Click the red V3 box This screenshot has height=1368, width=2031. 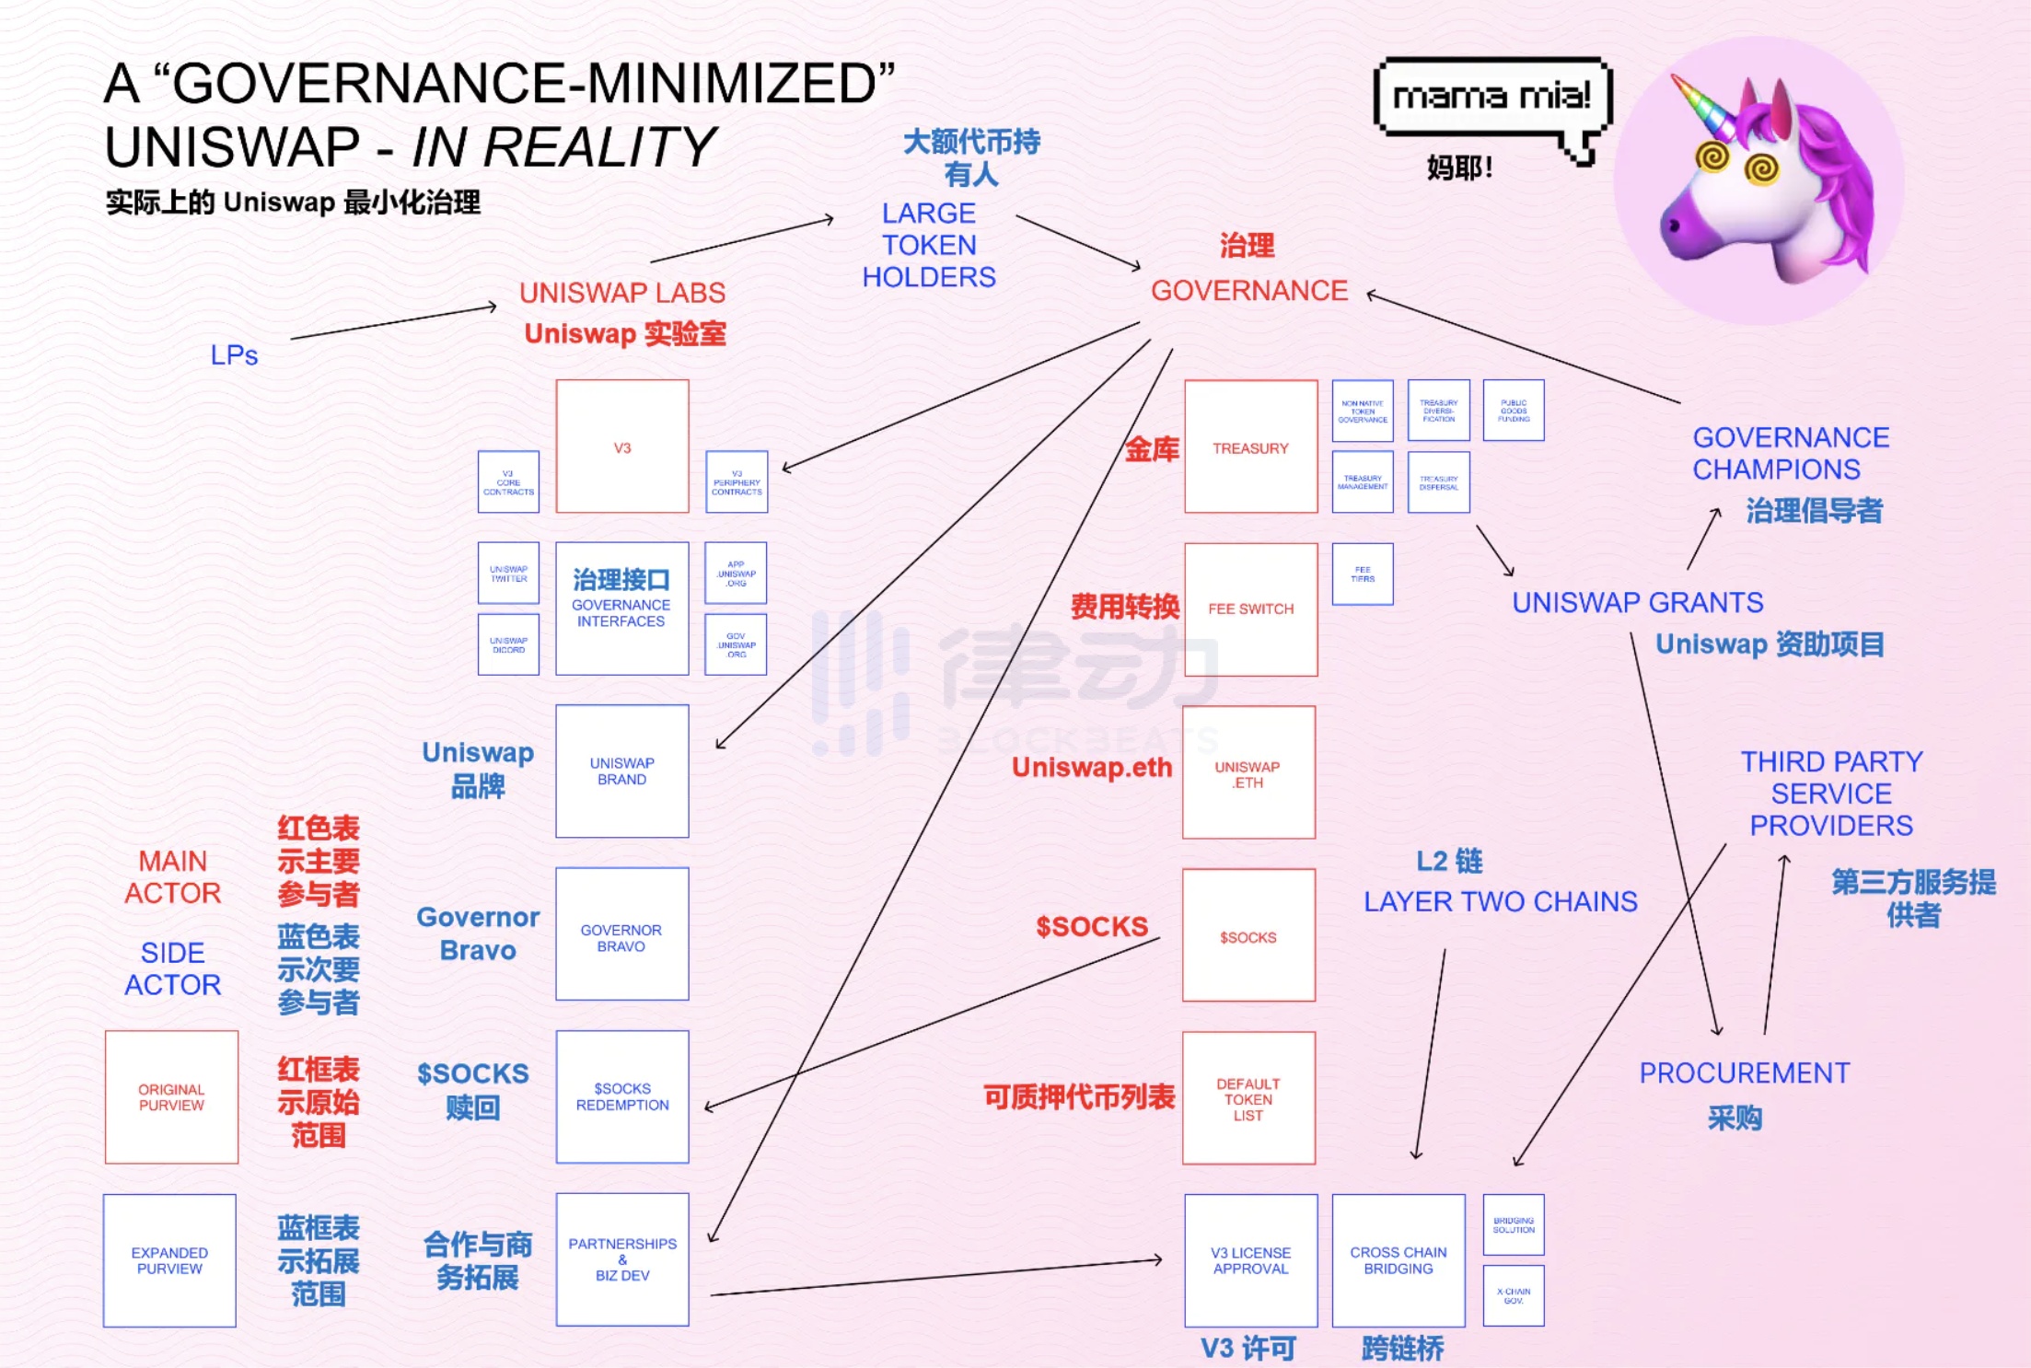(x=622, y=446)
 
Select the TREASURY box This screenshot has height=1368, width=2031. (x=1250, y=446)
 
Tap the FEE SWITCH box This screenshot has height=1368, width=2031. (x=1250, y=609)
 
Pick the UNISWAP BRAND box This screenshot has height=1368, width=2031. (x=622, y=771)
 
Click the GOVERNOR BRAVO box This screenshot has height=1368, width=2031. (x=622, y=934)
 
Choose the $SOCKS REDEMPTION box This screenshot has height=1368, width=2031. (x=622, y=1097)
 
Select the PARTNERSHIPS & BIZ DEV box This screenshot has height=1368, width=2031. (x=622, y=1259)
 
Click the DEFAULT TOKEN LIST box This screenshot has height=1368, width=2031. (x=1248, y=1098)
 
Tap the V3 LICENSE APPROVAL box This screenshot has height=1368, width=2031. (x=1250, y=1260)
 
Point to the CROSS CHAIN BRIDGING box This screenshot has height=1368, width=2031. (x=1398, y=1260)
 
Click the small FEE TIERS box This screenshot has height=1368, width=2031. (x=1363, y=574)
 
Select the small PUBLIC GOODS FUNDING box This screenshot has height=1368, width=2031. (x=1514, y=411)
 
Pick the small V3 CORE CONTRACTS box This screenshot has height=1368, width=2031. (x=508, y=482)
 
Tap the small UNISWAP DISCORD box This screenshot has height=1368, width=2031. (x=508, y=645)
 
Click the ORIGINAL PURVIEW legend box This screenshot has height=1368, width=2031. (x=171, y=1097)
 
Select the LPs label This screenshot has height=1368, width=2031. (x=234, y=355)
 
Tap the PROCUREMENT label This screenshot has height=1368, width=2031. (x=1744, y=1073)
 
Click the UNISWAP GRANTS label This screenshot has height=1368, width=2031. (x=1637, y=603)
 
